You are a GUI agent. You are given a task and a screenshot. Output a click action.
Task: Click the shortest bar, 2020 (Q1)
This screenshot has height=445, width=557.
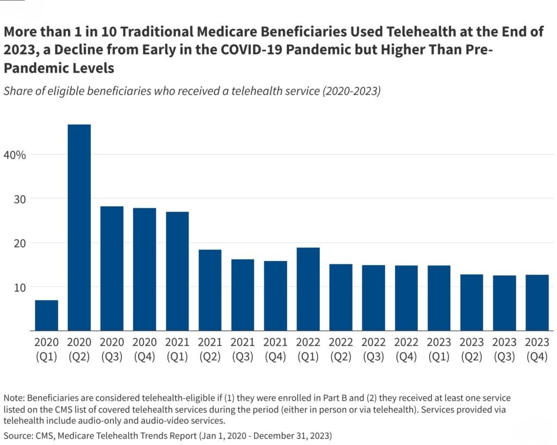coord(46,315)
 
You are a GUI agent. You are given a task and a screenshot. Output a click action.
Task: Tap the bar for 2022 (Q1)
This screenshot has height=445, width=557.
coord(308,289)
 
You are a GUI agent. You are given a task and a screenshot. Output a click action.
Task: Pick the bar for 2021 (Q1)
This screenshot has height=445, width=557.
coord(177,271)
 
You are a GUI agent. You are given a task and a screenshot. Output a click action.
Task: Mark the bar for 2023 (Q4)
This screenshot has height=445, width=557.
coord(537,302)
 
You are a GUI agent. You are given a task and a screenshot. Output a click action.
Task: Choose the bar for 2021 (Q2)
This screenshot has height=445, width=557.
coord(210,290)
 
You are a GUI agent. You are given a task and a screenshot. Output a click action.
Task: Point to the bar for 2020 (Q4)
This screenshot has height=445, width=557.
coord(144,269)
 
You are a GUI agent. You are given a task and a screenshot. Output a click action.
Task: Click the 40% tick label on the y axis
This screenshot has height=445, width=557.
coord(14,154)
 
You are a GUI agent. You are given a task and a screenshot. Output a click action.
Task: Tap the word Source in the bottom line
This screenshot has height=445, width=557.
coord(18,436)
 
